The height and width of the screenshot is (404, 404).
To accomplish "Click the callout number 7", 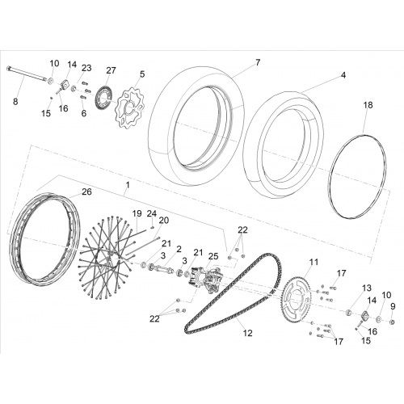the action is [x=258, y=62].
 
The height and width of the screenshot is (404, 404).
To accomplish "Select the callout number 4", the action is [x=343, y=75].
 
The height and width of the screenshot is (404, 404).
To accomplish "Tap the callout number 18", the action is [x=368, y=105].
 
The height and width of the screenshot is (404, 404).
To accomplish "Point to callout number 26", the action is [x=86, y=191].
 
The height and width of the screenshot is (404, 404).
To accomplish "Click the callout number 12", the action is [x=248, y=333].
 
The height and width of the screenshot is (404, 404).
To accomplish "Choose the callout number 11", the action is [x=314, y=262].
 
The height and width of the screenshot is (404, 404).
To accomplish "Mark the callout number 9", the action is [x=393, y=306].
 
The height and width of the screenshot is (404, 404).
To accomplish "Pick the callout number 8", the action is [x=15, y=102].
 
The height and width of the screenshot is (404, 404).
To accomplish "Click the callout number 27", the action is [x=111, y=70].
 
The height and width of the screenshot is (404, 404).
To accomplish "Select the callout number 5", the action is [x=142, y=74].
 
